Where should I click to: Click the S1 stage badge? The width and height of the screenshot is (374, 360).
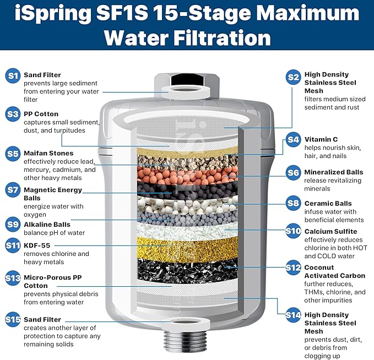click(x=13, y=76)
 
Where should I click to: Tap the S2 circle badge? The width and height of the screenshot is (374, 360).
click(x=293, y=77)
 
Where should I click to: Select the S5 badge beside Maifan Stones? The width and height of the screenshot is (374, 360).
click(x=13, y=154)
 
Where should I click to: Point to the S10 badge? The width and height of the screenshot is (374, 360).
click(x=293, y=231)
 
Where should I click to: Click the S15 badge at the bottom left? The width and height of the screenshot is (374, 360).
click(x=13, y=319)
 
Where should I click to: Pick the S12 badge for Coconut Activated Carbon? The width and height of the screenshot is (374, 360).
click(x=293, y=268)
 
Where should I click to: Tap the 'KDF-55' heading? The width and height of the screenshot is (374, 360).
click(x=37, y=245)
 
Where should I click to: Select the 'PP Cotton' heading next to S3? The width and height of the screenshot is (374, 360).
click(x=41, y=114)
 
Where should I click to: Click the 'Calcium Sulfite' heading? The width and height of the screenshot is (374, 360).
click(x=330, y=231)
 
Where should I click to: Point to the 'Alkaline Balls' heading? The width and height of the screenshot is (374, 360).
click(x=47, y=225)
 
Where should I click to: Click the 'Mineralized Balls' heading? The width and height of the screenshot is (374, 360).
click(x=333, y=172)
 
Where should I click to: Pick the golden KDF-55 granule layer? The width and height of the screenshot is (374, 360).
click(x=187, y=248)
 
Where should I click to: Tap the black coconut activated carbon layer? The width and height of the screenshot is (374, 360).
click(x=187, y=271)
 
